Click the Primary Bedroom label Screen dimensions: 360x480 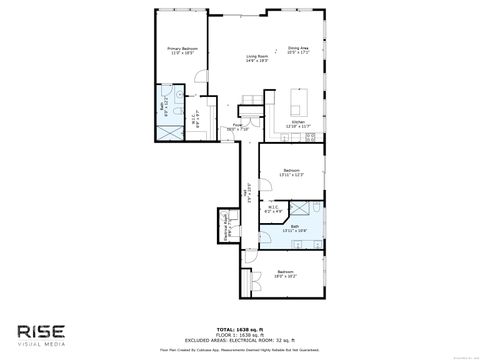click(182, 51)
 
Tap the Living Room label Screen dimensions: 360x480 click(258, 58)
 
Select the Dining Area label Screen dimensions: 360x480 click(298, 50)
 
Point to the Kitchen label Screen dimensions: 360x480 click(298, 123)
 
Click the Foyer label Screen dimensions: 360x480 click(237, 127)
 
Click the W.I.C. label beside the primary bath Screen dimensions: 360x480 click(197, 109)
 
